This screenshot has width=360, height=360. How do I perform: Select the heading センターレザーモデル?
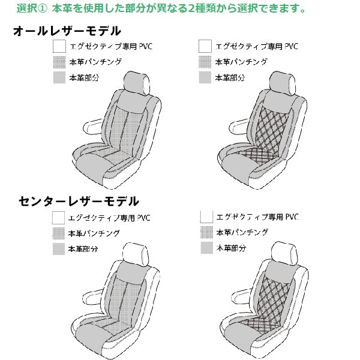(78, 200)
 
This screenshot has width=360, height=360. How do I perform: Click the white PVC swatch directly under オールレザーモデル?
(59, 46)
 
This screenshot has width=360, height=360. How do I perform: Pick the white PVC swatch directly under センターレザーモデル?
(59, 217)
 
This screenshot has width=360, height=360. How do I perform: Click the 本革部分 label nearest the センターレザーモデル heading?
(83, 248)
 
